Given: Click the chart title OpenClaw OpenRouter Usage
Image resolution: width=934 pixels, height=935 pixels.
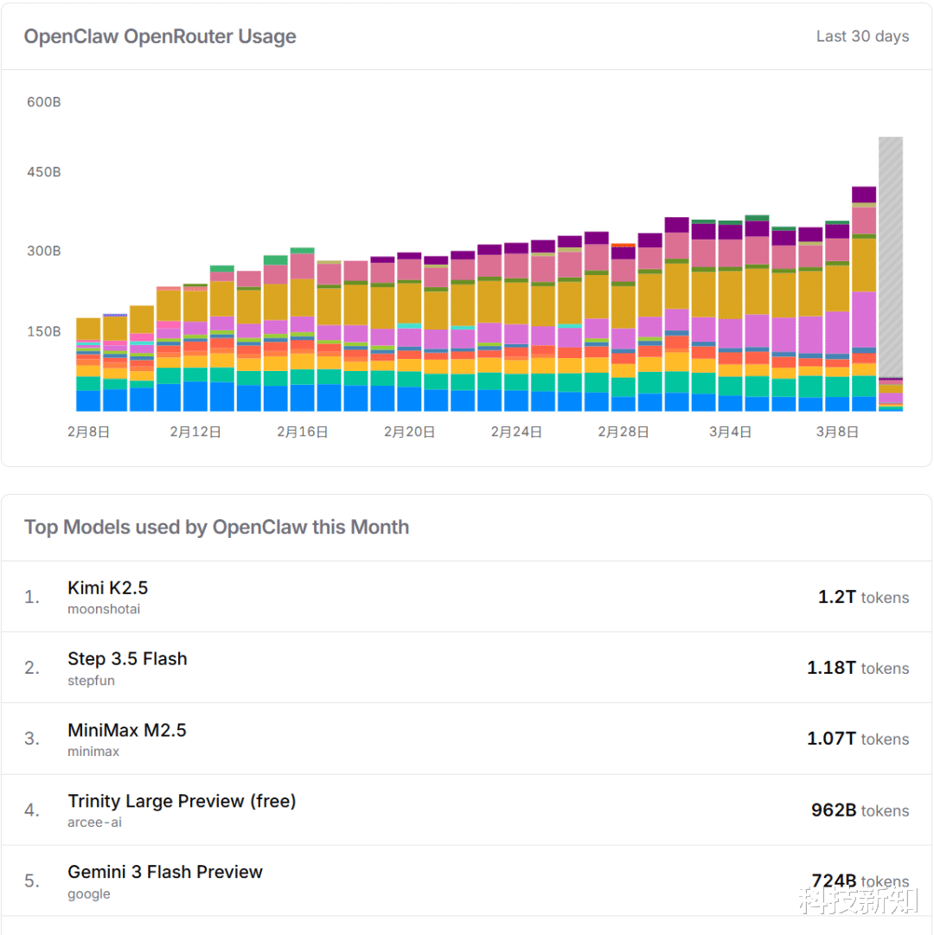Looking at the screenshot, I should click(x=160, y=36).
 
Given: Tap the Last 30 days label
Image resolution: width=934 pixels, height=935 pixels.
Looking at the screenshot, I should click(x=862, y=36).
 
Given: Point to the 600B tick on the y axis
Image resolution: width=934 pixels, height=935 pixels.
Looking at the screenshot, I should click(x=43, y=102).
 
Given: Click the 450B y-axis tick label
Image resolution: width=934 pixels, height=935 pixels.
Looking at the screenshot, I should click(x=43, y=172).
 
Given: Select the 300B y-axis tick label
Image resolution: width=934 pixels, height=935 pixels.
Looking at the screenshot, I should click(x=43, y=251).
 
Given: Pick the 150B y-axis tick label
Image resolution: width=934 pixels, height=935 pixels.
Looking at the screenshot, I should click(x=43, y=331).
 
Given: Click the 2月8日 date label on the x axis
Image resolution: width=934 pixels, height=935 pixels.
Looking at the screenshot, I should click(x=88, y=432).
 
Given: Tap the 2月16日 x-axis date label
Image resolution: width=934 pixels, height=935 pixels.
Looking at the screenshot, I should click(x=302, y=432).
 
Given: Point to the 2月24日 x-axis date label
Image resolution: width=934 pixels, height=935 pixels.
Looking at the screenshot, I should click(x=516, y=432).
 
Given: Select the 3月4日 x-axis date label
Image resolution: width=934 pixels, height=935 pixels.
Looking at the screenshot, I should click(x=730, y=432).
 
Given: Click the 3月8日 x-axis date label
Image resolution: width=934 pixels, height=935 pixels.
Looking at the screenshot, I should click(x=837, y=432).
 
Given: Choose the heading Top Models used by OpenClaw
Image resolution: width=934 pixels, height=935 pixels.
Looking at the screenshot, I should click(x=216, y=528).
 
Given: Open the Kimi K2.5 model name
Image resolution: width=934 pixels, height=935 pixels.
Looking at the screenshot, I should click(x=108, y=588).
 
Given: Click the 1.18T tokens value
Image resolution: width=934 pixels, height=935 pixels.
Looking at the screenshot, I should click(x=857, y=669).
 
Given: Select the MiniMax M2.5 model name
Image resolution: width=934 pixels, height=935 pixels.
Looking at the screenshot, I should click(x=127, y=730).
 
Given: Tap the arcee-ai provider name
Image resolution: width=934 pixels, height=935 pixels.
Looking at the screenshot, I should click(x=95, y=823).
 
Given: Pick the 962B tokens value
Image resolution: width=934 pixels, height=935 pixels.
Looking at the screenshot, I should click(x=860, y=810).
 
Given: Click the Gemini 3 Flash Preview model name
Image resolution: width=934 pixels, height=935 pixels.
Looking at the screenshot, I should click(x=165, y=872).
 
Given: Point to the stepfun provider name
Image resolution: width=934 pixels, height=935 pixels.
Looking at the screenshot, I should click(x=92, y=681).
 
